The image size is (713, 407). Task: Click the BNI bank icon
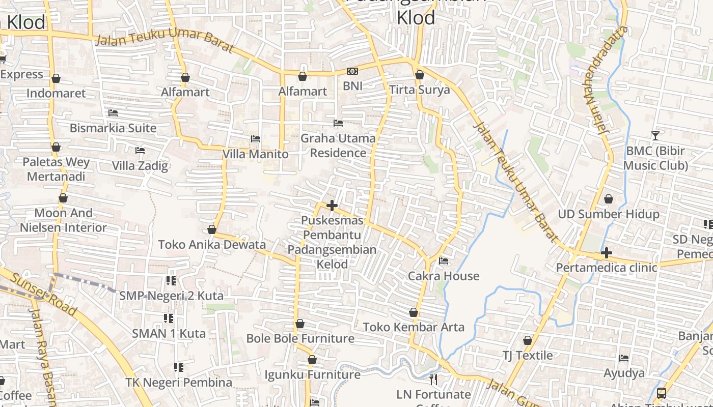point(352,71)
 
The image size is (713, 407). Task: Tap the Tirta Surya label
point(420,90)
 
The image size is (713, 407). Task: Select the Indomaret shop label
point(56,93)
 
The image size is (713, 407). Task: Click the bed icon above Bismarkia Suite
point(113,113)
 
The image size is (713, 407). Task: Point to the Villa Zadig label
point(140,166)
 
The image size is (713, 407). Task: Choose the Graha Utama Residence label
point(338,146)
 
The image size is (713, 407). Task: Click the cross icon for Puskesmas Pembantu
point(332,206)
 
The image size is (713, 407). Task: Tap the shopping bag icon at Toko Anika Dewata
point(212,230)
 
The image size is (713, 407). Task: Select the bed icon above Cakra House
point(444,261)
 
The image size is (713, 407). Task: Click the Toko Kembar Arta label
point(414,327)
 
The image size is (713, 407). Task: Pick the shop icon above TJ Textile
point(528,340)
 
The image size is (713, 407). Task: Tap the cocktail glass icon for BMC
point(655,136)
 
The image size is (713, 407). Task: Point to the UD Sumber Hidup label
point(609,214)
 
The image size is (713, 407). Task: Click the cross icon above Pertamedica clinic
point(606,253)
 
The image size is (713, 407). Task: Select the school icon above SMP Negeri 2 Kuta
point(171,281)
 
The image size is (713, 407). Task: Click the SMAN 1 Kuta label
point(169,334)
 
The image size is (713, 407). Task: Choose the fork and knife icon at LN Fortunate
point(433,380)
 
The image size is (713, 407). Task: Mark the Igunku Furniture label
point(312,375)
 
